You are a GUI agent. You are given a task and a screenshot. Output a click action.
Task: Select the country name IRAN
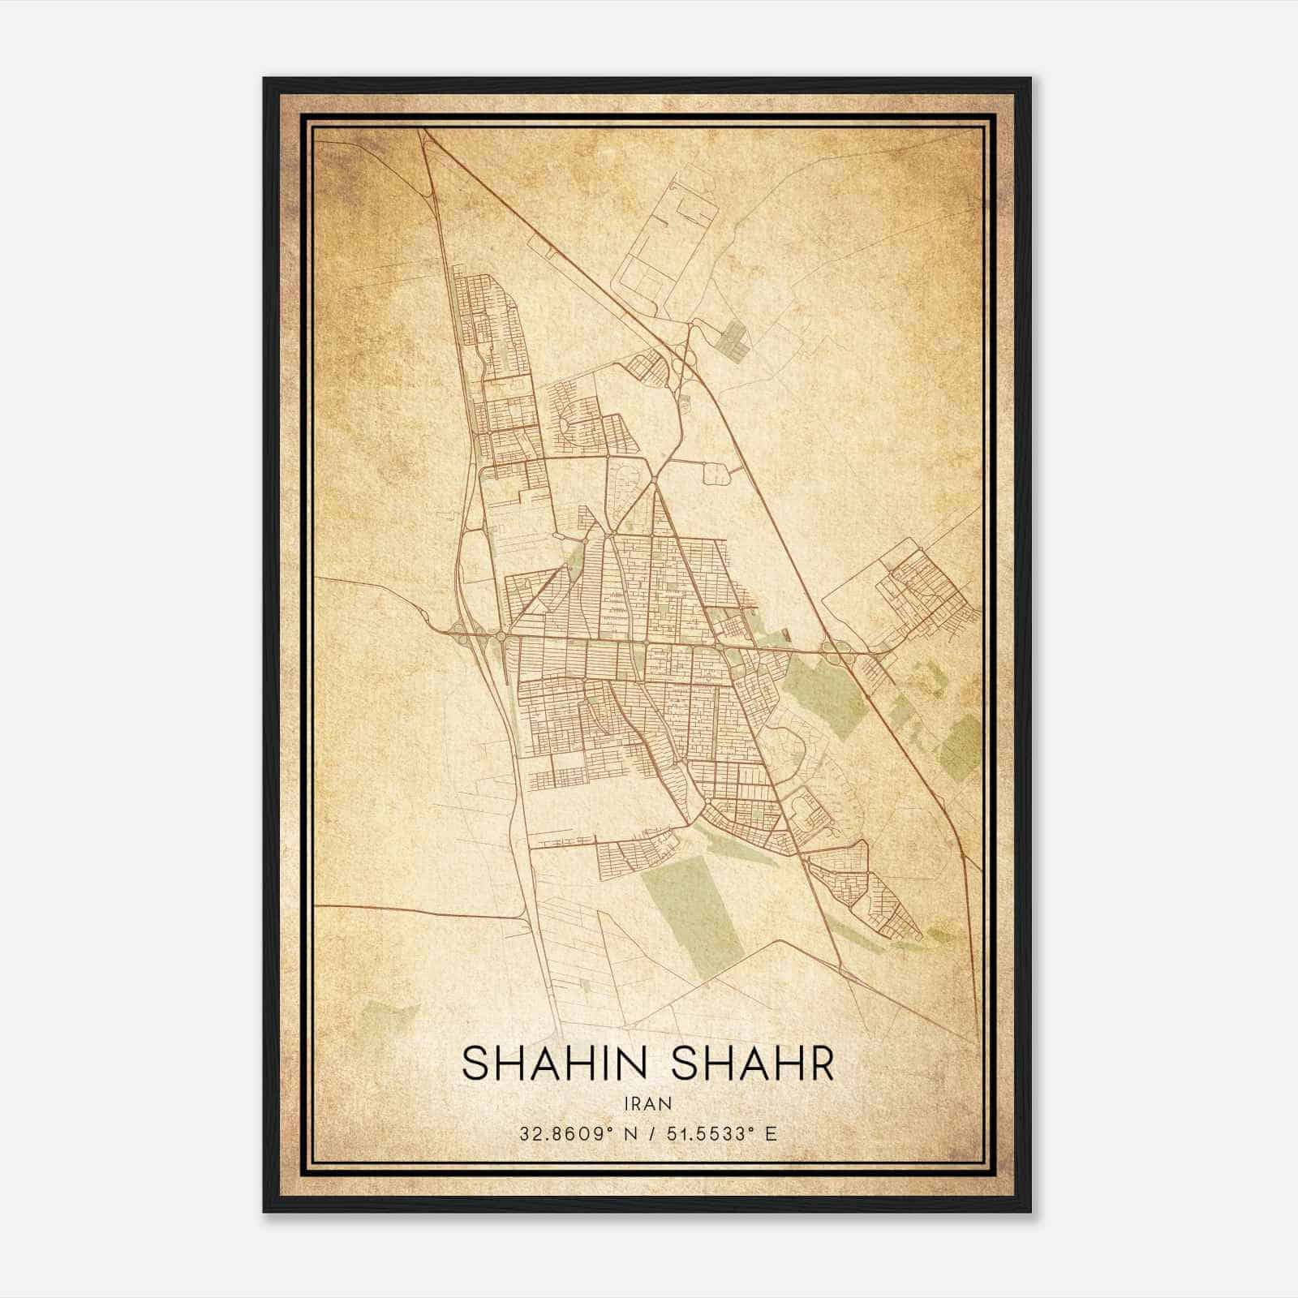click(x=648, y=1103)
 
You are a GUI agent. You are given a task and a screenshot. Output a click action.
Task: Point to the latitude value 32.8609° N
click(x=576, y=1133)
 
